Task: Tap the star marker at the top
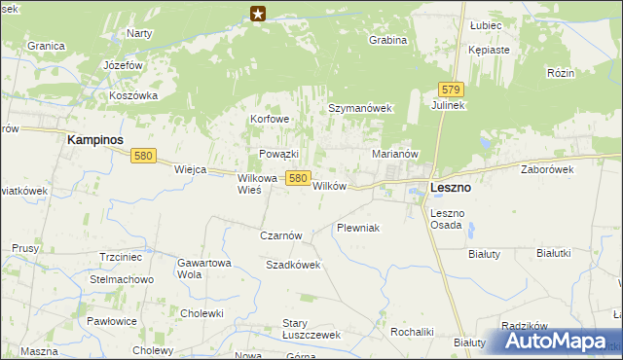click(258, 13)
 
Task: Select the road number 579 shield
click(449, 89)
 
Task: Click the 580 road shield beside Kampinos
click(144, 156)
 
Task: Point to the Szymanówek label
click(359, 109)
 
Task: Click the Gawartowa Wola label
click(203, 269)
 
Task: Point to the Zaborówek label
click(547, 169)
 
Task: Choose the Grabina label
click(387, 41)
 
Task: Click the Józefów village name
click(124, 65)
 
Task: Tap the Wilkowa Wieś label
click(258, 184)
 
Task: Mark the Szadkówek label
click(293, 265)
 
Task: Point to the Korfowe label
click(271, 120)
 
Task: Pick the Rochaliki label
click(412, 332)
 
